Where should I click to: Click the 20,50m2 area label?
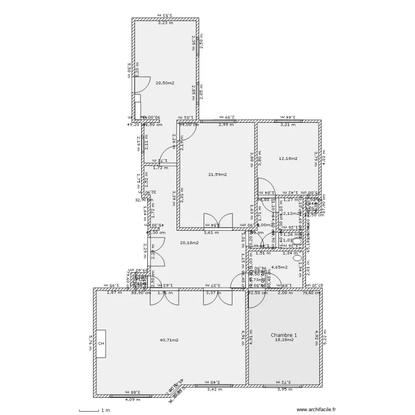pyautogui.click(x=165, y=83)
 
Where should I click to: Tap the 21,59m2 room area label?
pyautogui.click(x=217, y=174)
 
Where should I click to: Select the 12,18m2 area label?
pyautogui.click(x=288, y=158)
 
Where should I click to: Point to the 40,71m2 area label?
pyautogui.click(x=169, y=340)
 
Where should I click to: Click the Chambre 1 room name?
pyautogui.click(x=284, y=335)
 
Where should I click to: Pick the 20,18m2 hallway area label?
pyautogui.click(x=189, y=242)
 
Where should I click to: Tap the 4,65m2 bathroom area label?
pyautogui.click(x=279, y=267)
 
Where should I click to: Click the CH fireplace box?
pyautogui.click(x=101, y=344)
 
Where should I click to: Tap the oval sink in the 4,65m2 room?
pyautogui.click(x=297, y=257)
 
